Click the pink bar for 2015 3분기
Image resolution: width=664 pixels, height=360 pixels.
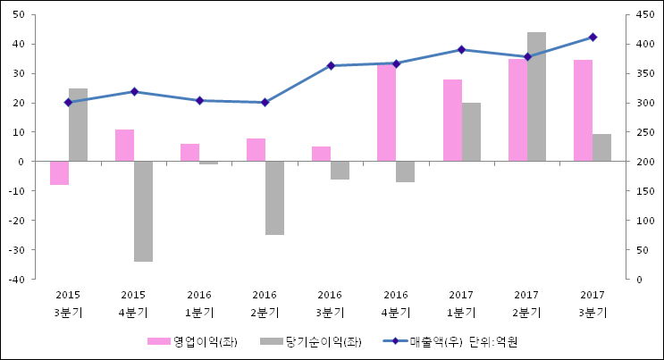coord(59,172)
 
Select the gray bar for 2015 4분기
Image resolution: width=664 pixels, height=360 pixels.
coord(143,211)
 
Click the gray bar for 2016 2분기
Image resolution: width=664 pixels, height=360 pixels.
coord(274,197)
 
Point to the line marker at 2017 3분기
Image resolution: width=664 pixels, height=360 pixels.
coord(593,37)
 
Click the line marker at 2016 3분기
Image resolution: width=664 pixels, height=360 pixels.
coord(331,65)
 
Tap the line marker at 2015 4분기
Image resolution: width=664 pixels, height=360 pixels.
coord(134,91)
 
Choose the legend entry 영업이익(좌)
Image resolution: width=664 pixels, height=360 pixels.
coord(205,341)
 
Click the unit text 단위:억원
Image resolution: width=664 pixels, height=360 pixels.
coord(493,341)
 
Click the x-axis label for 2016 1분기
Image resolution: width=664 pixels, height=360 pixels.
coord(199,304)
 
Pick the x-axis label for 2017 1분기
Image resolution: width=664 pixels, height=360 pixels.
coord(461,304)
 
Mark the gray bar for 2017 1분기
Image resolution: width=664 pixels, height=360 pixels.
coord(471,131)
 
